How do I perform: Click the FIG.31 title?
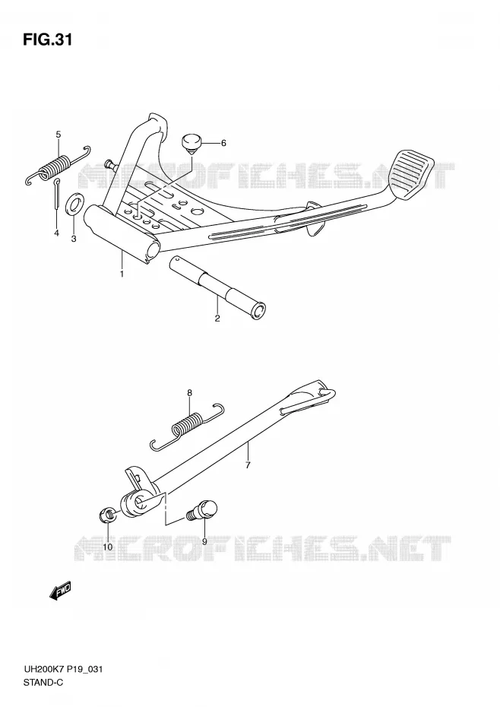click(47, 40)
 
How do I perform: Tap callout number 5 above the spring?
click(59, 134)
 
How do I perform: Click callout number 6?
click(223, 143)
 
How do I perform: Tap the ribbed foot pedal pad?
click(414, 173)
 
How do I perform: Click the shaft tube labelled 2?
click(218, 288)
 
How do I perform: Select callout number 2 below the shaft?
click(217, 319)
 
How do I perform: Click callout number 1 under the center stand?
click(122, 273)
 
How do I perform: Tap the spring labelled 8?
click(187, 426)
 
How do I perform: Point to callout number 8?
click(190, 393)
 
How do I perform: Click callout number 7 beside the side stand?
click(248, 464)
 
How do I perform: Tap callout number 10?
click(108, 547)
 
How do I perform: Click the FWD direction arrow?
click(60, 591)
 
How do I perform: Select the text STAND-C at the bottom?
click(43, 682)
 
